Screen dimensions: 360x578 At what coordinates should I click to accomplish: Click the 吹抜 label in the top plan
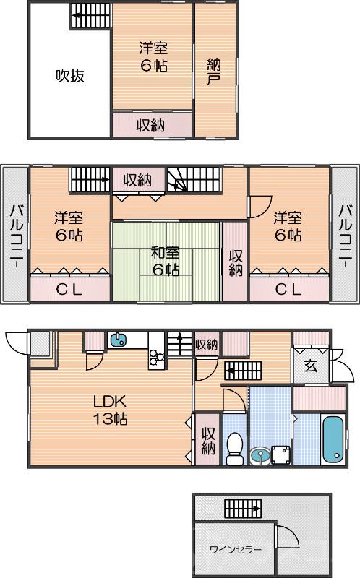tap(70, 76)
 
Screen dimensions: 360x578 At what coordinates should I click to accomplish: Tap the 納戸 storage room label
tap(214, 72)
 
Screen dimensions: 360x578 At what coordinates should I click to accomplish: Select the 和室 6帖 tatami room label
tap(166, 262)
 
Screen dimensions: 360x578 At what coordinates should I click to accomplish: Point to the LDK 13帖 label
tap(110, 410)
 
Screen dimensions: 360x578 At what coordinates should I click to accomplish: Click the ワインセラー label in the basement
tap(236, 550)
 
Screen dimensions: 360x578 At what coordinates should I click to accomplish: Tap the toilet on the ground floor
tap(234, 449)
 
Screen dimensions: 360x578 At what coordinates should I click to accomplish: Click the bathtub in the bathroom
tap(334, 439)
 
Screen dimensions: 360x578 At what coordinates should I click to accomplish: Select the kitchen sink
tap(118, 340)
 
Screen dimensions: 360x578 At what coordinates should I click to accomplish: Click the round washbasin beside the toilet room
tap(260, 455)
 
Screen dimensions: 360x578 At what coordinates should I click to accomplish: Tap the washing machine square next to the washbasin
tap(280, 455)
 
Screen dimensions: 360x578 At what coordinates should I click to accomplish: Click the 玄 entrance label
tap(310, 366)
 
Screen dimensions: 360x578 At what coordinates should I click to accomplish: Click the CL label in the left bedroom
tap(69, 290)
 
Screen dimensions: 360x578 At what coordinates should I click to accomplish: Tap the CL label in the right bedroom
tap(288, 290)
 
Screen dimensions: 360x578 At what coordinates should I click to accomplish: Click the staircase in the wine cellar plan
tap(243, 509)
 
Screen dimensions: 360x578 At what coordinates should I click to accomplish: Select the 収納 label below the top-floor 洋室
tap(151, 126)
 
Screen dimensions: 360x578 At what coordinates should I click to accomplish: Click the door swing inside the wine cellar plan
tap(287, 536)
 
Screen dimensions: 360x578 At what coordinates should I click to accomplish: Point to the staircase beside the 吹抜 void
tap(91, 16)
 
